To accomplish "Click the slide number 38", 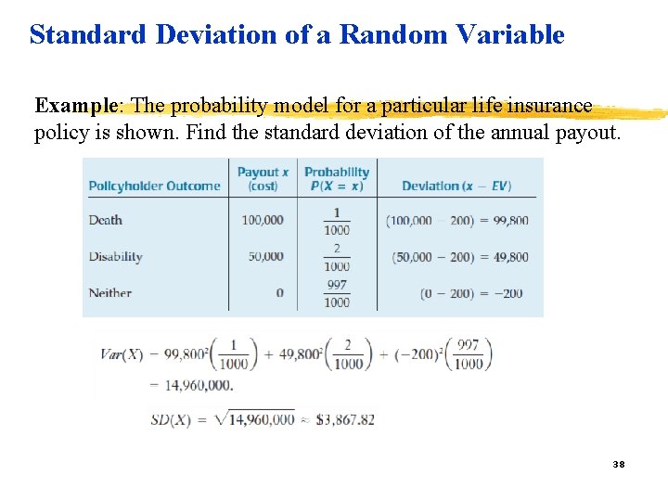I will pos(619,463).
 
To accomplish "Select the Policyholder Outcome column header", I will pos(154,186).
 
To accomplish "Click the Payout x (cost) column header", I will pos(263,178).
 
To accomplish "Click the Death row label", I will pos(105,220).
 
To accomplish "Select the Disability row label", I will pos(115,256).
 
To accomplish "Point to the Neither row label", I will pos(109,292).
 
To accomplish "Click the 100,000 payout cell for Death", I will pos(263,220).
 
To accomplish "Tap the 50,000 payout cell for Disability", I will pos(265,256).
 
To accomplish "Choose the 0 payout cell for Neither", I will pos(279,292).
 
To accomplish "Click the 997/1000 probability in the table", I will pos(337,293).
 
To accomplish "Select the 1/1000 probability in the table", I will pos(337,221).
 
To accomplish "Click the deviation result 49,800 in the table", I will pos(507,257).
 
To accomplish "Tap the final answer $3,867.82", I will pos(345,419).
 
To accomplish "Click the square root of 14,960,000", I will pos(253,419).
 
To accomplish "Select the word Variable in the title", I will pos(515,35).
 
